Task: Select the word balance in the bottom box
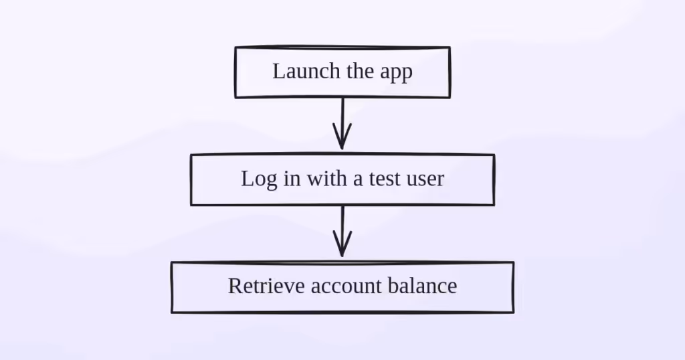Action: (423, 286)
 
